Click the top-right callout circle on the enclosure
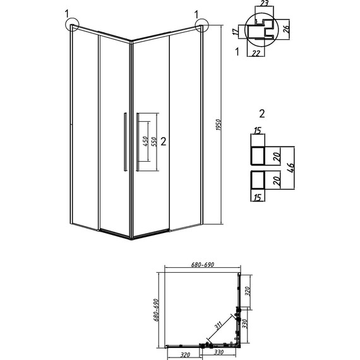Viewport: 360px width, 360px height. tap(202, 27)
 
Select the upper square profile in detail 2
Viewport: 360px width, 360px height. tap(263, 155)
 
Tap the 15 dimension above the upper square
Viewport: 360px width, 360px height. tap(256, 131)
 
